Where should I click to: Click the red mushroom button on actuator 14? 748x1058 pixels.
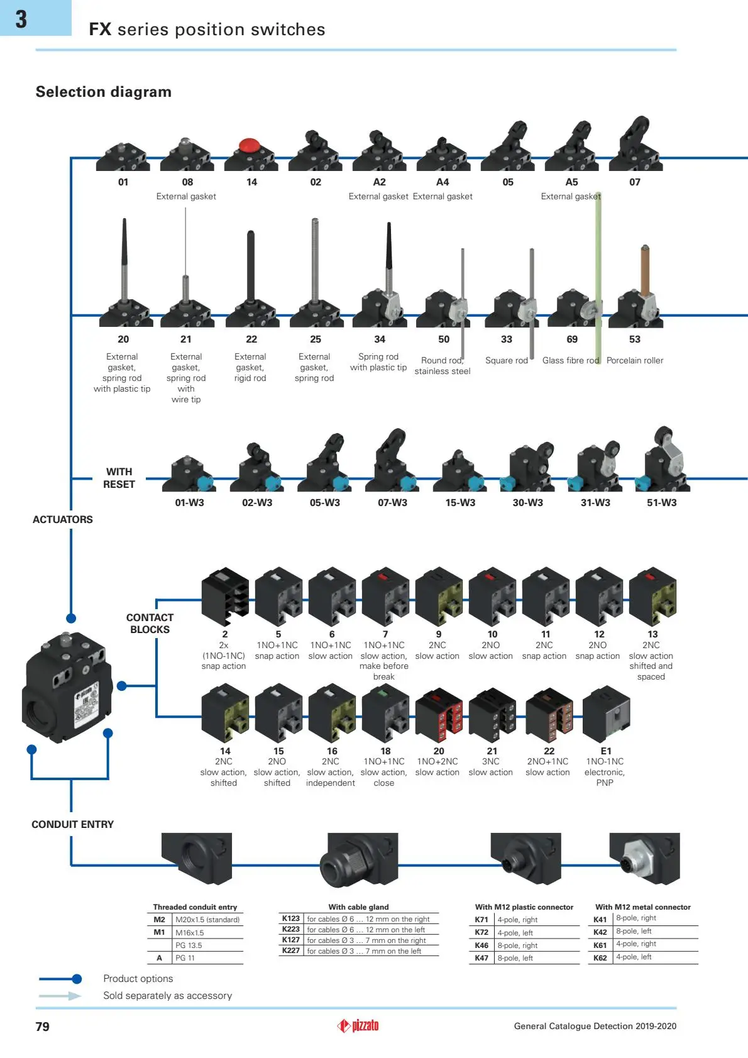[x=250, y=145]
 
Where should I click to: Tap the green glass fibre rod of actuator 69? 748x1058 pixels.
[x=598, y=278]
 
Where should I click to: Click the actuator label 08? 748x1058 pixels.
[x=187, y=182]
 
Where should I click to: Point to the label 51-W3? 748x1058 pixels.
[x=662, y=502]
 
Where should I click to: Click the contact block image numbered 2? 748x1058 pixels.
[x=225, y=596]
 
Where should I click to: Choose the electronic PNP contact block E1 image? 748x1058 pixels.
[x=607, y=714]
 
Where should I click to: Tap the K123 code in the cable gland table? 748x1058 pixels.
[x=291, y=918]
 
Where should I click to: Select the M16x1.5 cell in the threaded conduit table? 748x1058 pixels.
[x=190, y=932]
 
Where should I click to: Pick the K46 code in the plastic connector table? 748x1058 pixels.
[x=481, y=945]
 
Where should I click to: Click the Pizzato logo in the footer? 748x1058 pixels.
[x=358, y=1025]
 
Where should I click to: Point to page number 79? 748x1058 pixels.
[x=43, y=1027]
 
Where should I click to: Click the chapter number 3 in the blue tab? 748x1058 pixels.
[x=21, y=19]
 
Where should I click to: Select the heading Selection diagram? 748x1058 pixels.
[x=104, y=92]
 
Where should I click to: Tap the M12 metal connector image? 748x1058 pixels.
[x=644, y=858]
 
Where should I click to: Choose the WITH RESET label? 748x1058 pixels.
[x=119, y=478]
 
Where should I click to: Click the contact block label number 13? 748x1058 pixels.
[x=652, y=634]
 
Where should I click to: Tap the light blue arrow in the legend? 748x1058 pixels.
[x=60, y=996]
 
